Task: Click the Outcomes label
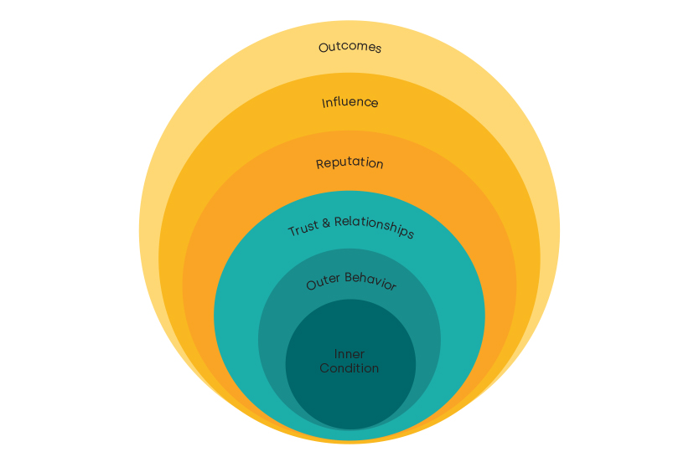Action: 349,47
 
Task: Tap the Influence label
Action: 349,102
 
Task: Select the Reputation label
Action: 349,163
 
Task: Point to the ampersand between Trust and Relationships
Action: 328,222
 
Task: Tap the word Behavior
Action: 370,282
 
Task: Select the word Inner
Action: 349,354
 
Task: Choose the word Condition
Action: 349,368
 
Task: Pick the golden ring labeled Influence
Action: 524,251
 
